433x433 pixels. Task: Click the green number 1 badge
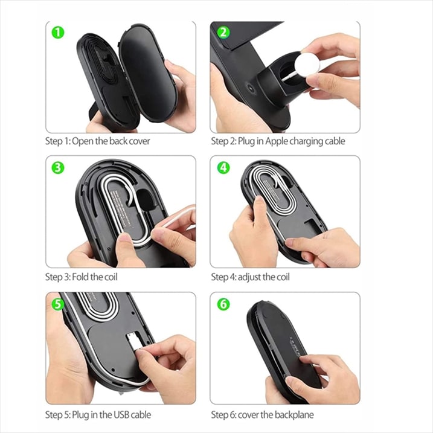tap(58, 33)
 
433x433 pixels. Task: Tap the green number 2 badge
tap(223, 33)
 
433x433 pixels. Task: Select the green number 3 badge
tap(58, 168)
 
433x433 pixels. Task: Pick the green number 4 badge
tap(223, 167)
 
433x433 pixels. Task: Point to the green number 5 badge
tap(58, 304)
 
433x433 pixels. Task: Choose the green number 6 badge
tap(223, 304)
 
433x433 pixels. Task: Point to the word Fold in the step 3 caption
tap(82, 277)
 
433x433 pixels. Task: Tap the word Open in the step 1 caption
tap(83, 141)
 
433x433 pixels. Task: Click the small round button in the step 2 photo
tap(251, 88)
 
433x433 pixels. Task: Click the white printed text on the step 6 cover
tap(297, 345)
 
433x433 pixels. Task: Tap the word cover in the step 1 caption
tap(139, 141)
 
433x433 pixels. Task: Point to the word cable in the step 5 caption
tap(141, 414)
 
